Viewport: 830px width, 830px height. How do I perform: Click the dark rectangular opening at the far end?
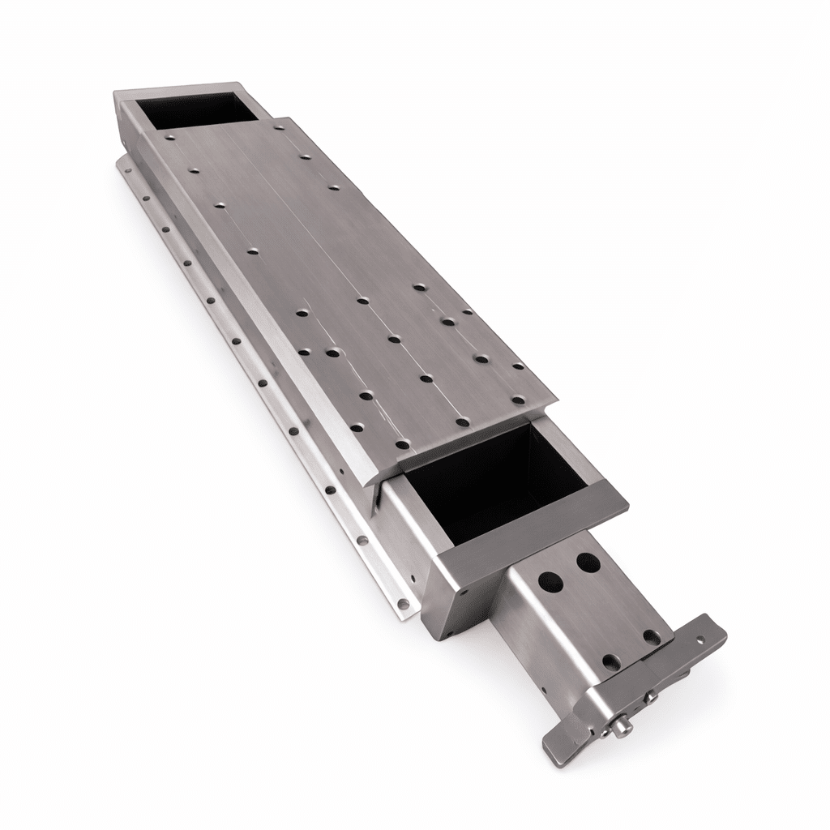click(x=194, y=109)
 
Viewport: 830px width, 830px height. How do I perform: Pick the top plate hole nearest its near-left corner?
click(x=401, y=444)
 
